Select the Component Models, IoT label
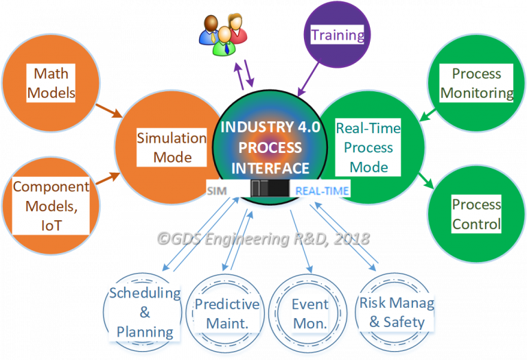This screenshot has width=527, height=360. pyautogui.click(x=51, y=206)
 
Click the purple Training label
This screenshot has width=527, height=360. pyautogui.click(x=337, y=35)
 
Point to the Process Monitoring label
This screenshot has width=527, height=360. pyautogui.click(x=476, y=83)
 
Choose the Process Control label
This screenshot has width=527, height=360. pyautogui.click(x=476, y=214)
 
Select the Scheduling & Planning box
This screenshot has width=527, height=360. pyautogui.click(x=144, y=312)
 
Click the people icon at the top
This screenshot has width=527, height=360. pyautogui.click(x=224, y=34)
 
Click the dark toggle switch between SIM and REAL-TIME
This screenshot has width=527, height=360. pyautogui.click(x=269, y=190)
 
